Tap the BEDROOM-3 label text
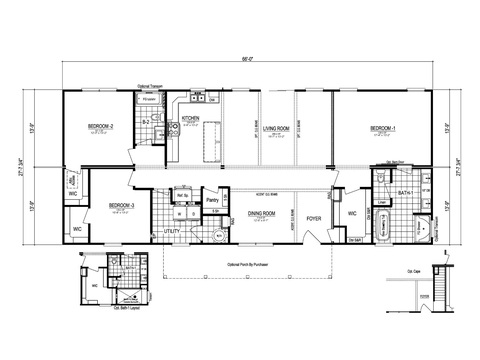(122, 206)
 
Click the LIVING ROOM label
(277, 128)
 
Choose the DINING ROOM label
(264, 213)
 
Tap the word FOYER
(314, 214)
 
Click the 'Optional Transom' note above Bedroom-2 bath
(152, 89)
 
